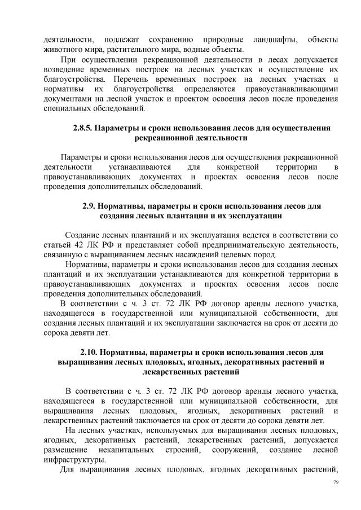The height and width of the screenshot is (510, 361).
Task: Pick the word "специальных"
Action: click(x=67, y=108)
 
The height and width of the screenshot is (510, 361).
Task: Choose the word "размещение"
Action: click(x=65, y=449)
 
